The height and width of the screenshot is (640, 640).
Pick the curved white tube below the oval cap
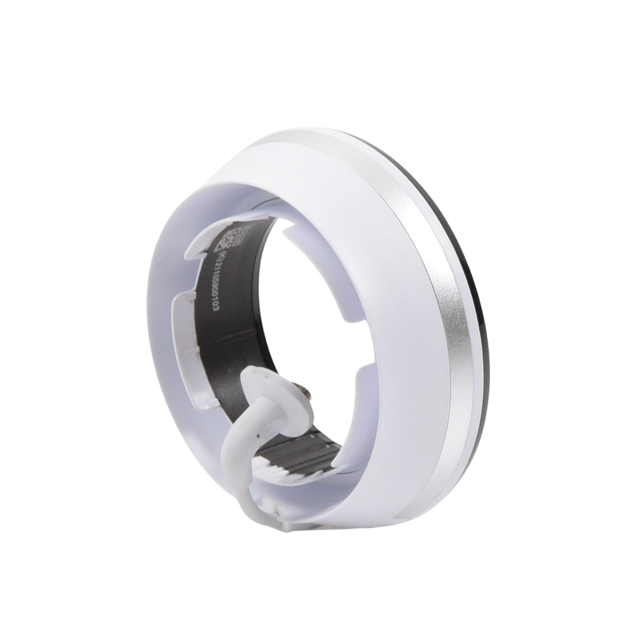(239, 443)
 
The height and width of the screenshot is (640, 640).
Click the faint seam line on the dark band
(266, 204)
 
